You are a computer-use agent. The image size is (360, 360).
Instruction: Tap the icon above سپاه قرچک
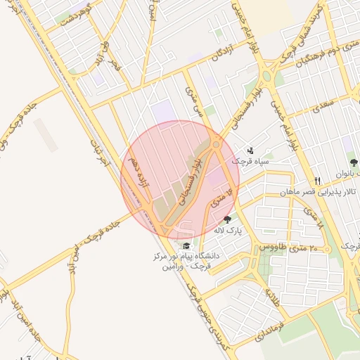[x=251, y=150]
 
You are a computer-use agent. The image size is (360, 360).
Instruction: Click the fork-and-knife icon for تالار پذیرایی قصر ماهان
[x=317, y=181]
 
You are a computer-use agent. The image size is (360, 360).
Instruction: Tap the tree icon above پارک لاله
[x=226, y=219]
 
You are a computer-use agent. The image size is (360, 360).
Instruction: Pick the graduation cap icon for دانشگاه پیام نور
[x=186, y=245]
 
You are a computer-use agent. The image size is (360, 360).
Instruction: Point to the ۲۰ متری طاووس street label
[x=288, y=247]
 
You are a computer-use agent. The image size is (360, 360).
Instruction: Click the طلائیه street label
[x=271, y=295]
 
